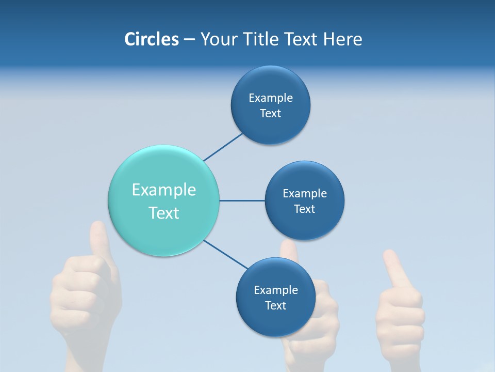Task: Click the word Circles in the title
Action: [x=151, y=39]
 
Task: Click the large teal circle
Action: [x=163, y=171]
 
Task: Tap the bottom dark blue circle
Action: [x=275, y=320]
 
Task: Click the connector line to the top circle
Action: [x=223, y=147]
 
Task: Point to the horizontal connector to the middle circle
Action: [x=242, y=200]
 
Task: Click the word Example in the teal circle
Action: [x=163, y=190]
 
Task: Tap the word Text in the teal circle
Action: [x=163, y=213]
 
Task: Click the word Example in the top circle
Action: [x=271, y=98]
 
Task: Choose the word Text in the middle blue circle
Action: [x=305, y=209]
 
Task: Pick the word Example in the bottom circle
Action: [x=275, y=290]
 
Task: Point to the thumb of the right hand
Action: [x=394, y=269]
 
